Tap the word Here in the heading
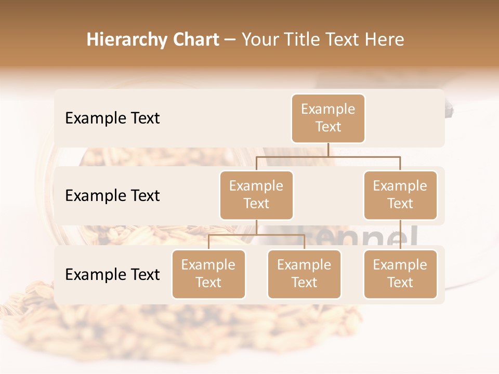(x=383, y=39)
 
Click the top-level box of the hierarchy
(x=328, y=118)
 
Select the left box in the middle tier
(x=256, y=195)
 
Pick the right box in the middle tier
(x=400, y=195)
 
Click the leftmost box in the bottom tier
(x=208, y=274)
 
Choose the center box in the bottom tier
(x=304, y=274)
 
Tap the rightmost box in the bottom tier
(x=400, y=274)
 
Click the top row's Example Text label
(x=112, y=118)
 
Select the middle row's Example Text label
(x=112, y=196)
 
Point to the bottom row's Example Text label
(x=112, y=274)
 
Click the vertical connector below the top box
(x=328, y=150)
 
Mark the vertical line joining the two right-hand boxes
(x=400, y=235)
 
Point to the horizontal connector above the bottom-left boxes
(x=256, y=235)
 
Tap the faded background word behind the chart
(x=385, y=237)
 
